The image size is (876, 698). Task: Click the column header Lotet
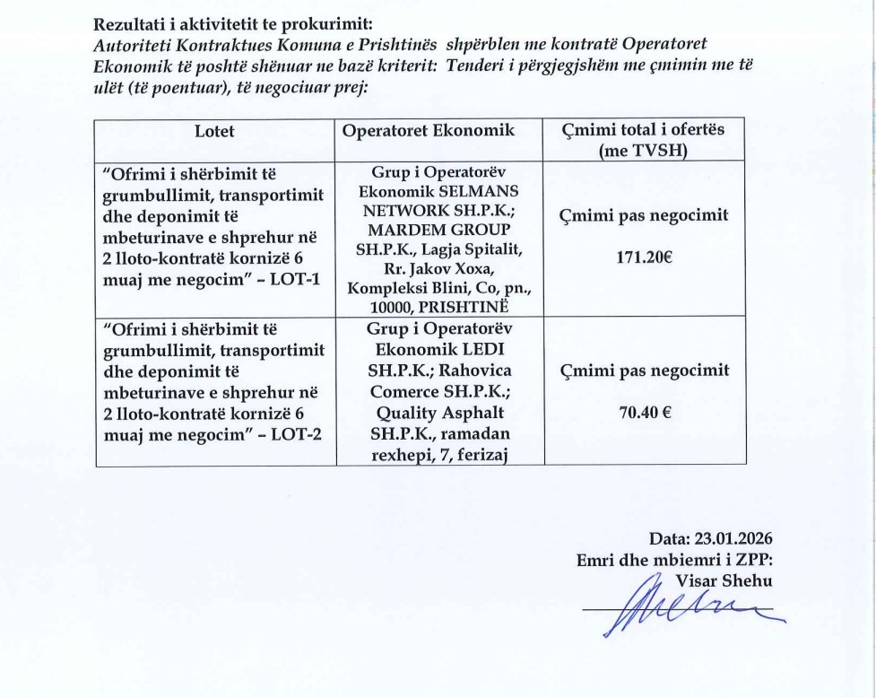pos(214,131)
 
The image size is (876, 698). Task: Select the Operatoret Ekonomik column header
pos(429,131)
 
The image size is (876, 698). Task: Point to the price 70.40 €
pos(644,414)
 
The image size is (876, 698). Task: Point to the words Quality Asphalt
pos(429,412)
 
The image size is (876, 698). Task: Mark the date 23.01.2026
pos(733,539)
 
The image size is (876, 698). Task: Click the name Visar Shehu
pos(724,580)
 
